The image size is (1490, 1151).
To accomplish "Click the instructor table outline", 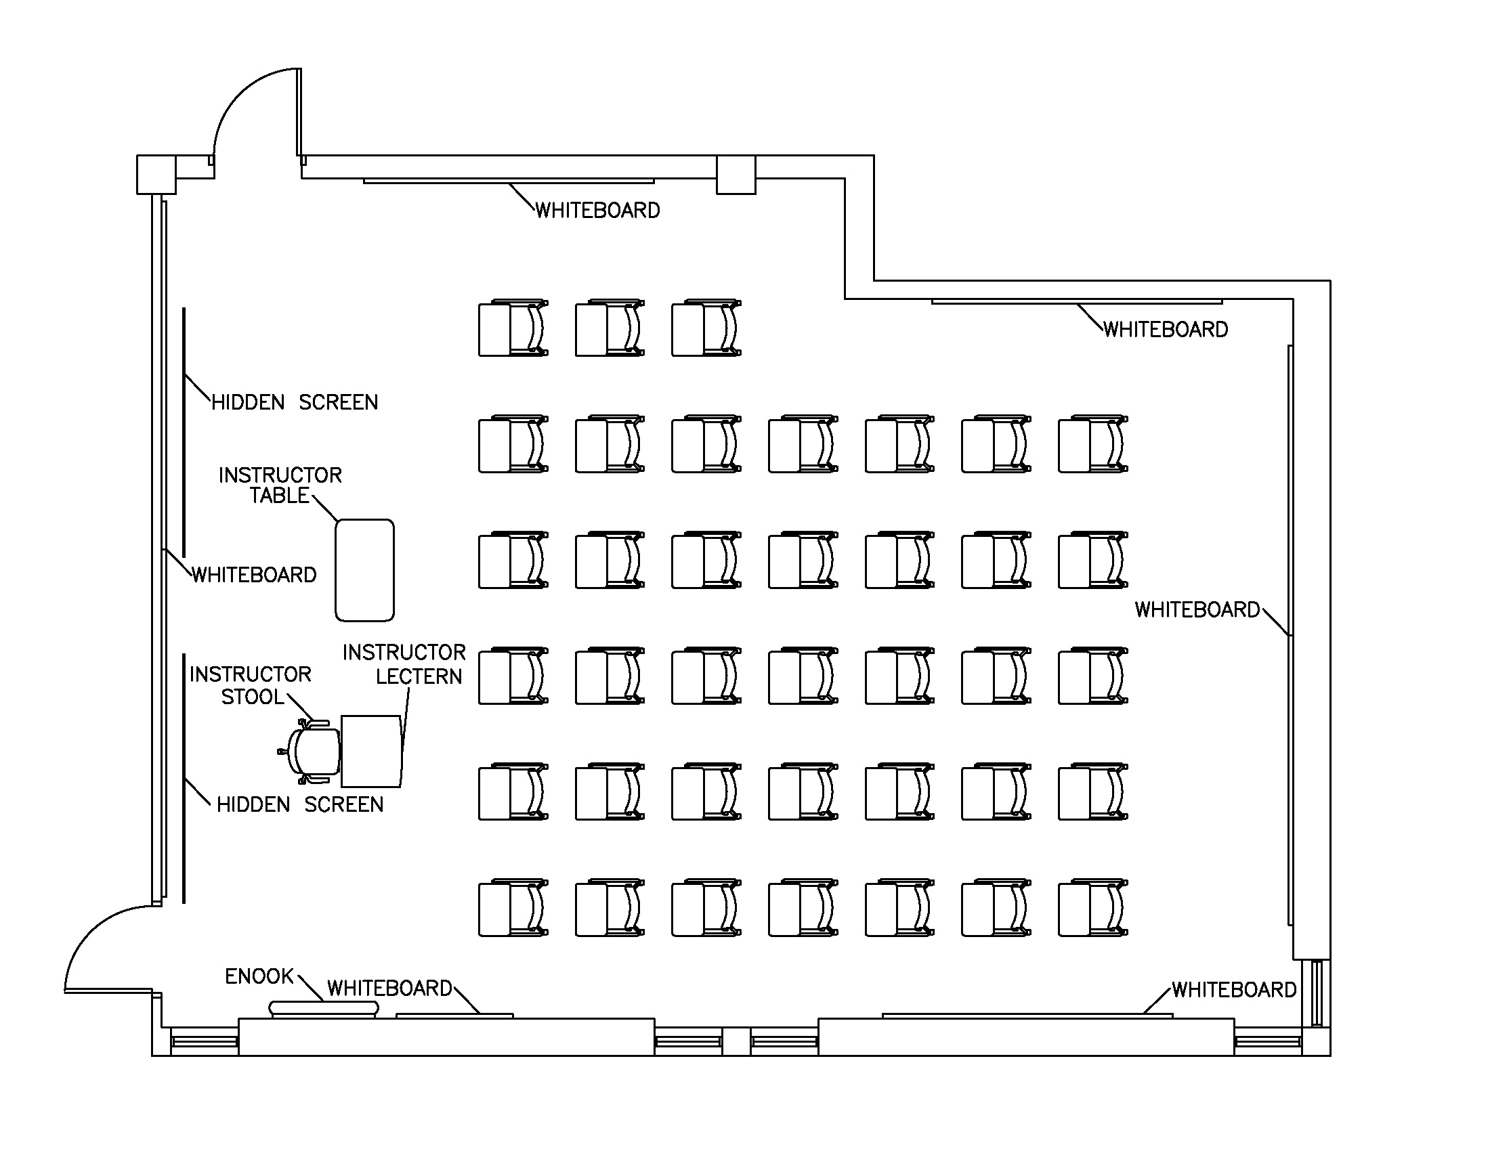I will tap(364, 570).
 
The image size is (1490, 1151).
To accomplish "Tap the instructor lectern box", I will tap(371, 751).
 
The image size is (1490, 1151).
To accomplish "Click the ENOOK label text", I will tap(259, 976).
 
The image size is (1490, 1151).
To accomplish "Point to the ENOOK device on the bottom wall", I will tap(323, 1008).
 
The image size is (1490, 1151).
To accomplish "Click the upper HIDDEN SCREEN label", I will tap(294, 402).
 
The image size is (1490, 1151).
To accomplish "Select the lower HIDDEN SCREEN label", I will tap(299, 804).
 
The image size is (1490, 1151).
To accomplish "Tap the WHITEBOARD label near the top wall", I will tap(597, 210).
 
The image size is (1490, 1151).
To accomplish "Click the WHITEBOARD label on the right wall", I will tap(1197, 609).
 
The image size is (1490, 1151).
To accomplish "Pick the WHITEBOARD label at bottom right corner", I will tap(1233, 989).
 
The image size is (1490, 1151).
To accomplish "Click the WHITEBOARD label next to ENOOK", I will tap(389, 988).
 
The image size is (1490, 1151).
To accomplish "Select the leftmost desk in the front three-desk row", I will tap(513, 328).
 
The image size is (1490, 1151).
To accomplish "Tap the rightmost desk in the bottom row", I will tap(1093, 907).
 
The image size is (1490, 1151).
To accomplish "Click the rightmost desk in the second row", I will tap(1093, 443).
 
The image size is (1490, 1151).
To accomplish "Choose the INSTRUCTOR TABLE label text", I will tap(280, 485).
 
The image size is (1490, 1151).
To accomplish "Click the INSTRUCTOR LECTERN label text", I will tap(404, 664).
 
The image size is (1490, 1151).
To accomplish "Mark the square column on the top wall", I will tap(736, 175).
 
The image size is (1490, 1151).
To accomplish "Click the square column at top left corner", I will tap(156, 175).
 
